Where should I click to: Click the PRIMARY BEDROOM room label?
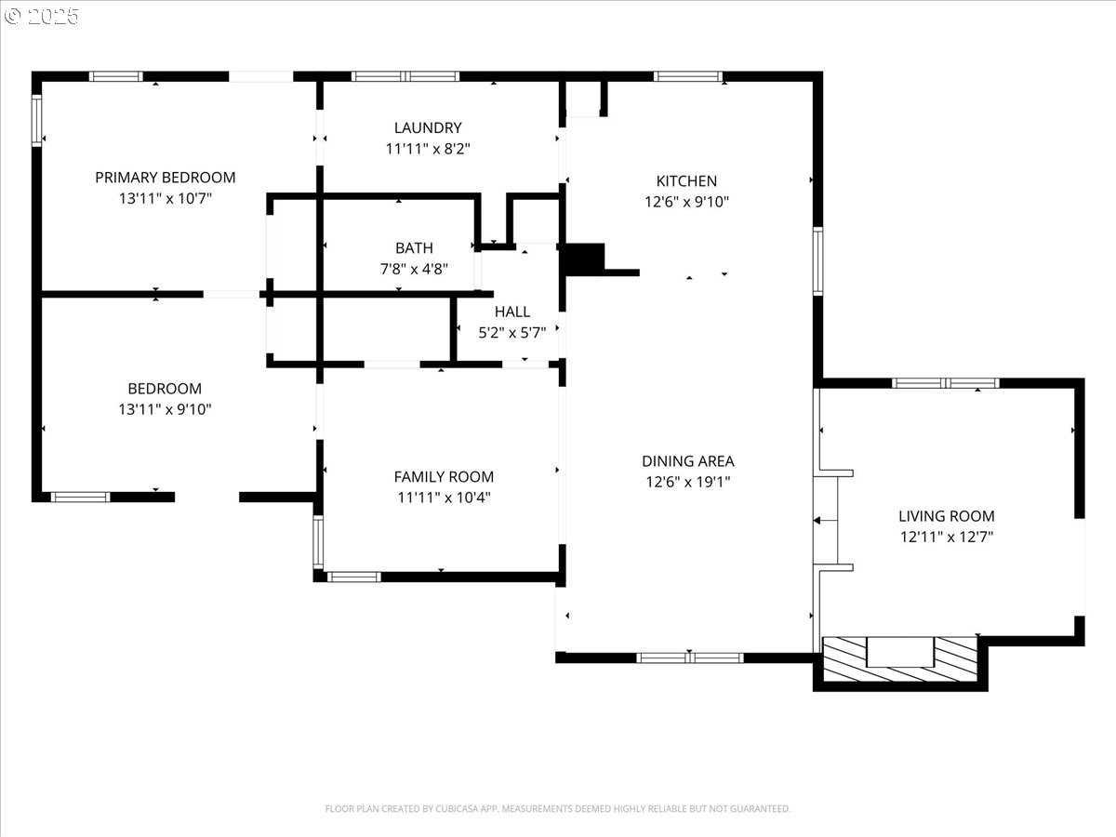point(166,178)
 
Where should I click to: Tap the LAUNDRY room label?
point(428,127)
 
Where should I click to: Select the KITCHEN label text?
point(686,181)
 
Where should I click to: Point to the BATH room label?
point(415,248)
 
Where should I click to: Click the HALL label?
point(512,312)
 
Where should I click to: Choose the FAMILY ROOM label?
point(444,477)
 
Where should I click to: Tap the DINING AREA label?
point(688,461)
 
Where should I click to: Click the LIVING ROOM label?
point(947,516)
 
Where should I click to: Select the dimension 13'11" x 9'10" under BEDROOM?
point(165,409)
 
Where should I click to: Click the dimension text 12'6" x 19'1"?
point(688,481)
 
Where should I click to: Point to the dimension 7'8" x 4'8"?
point(415,269)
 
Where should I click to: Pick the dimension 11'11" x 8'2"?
point(428,149)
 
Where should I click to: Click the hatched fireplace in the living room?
point(900,658)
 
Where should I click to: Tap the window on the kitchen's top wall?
point(688,77)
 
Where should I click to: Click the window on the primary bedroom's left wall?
point(36,121)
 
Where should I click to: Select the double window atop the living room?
point(946,383)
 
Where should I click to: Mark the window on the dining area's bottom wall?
point(690,658)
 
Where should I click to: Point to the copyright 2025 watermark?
point(41,16)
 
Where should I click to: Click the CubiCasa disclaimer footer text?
point(558,808)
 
